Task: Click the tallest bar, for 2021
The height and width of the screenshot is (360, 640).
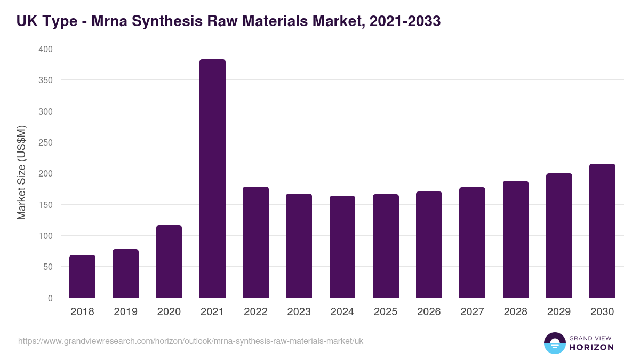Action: click(212, 179)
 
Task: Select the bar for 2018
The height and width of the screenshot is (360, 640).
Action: click(82, 276)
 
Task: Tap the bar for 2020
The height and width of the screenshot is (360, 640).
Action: click(169, 261)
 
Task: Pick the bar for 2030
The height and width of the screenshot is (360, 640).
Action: click(602, 231)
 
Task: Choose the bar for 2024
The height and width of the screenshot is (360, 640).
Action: click(342, 247)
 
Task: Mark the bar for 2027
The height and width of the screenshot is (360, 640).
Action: click(472, 243)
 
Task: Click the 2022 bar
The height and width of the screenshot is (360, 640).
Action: click(255, 242)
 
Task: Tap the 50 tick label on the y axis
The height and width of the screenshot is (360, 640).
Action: click(47, 267)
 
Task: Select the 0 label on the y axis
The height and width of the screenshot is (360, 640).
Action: click(50, 298)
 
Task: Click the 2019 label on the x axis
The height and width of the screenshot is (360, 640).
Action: click(126, 312)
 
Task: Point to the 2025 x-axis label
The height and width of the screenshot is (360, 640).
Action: click(386, 312)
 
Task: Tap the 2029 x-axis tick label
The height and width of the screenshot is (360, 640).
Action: click(559, 312)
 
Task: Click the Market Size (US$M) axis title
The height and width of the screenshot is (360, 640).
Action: click(21, 173)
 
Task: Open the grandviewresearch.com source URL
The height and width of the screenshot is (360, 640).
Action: click(190, 341)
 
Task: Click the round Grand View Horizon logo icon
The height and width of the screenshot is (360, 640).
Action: click(554, 343)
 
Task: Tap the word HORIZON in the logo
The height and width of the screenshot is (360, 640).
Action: click(591, 347)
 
